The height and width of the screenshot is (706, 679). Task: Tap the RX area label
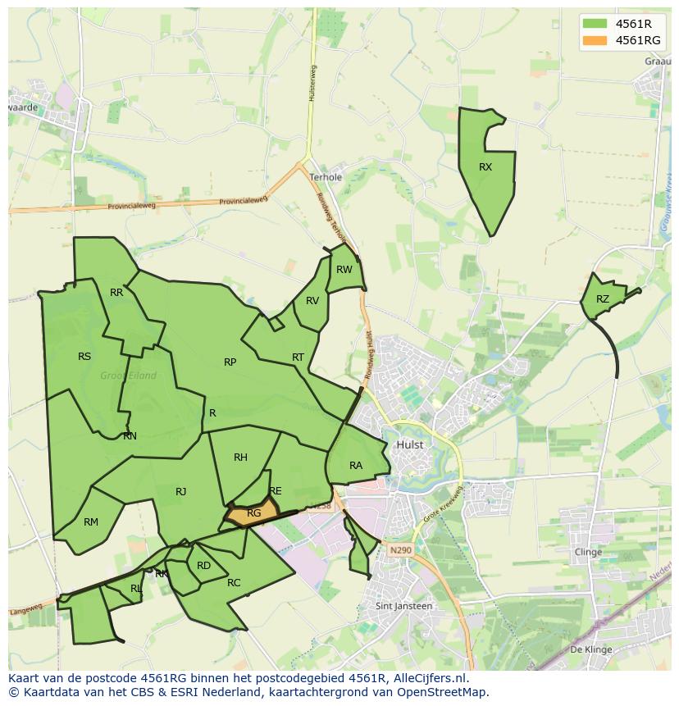coord(485,167)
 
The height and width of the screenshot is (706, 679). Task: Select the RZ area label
coord(603,299)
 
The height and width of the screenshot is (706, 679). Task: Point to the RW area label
coord(344,270)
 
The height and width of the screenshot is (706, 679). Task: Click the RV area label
coord(312,301)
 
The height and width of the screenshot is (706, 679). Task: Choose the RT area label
coord(298,358)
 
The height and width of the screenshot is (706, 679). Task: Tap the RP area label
coord(230,362)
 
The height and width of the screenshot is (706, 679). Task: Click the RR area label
coord(116,293)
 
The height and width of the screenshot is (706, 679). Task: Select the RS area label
coord(84,357)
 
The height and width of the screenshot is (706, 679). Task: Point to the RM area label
coord(91,522)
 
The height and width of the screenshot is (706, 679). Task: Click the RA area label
coord(356,466)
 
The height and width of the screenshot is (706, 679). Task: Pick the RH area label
coord(240,458)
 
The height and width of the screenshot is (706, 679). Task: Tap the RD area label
coord(204,566)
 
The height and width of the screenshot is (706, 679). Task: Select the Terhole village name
coord(326,177)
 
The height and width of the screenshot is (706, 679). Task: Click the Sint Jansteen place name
coord(403,606)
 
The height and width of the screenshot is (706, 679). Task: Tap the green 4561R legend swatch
coord(595,24)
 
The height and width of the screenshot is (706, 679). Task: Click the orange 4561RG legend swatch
coord(595,40)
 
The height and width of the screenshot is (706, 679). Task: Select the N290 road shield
coord(401,550)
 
